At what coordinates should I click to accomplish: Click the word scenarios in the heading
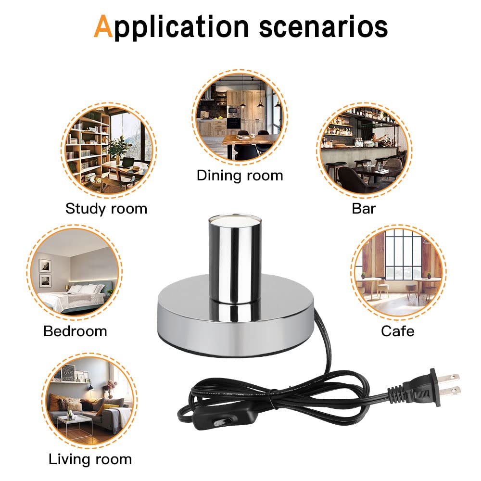323,26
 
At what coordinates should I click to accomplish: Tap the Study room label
106,208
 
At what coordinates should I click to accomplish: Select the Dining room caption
240,175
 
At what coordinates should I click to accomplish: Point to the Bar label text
364,208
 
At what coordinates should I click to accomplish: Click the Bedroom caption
75,331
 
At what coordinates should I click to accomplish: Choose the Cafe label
397,331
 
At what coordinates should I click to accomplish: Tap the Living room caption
90,459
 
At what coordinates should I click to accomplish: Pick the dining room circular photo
240,117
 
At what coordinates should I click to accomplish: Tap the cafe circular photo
397,272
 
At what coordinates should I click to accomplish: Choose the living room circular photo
90,401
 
